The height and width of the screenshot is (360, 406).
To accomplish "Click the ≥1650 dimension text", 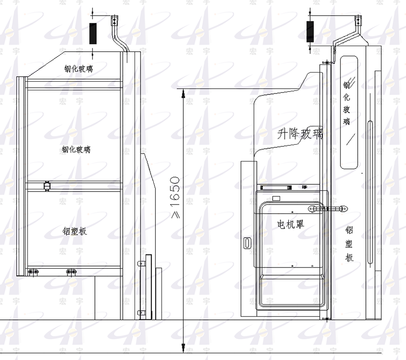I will pyautogui.click(x=175, y=199).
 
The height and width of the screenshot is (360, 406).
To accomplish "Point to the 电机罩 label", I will pyautogui.click(x=290, y=224).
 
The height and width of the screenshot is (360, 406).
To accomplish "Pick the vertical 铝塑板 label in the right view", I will pyautogui.click(x=349, y=244).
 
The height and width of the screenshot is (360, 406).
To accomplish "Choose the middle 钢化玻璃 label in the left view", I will pyautogui.click(x=77, y=149).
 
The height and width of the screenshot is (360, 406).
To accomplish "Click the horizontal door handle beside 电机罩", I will pyautogui.click(x=327, y=208).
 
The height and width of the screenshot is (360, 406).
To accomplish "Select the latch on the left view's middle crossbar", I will pyautogui.click(x=47, y=186).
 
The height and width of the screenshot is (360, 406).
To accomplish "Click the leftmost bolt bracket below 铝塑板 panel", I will pyautogui.click(x=33, y=271).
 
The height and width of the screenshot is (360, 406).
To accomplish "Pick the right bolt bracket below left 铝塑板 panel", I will pyautogui.click(x=70, y=271).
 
